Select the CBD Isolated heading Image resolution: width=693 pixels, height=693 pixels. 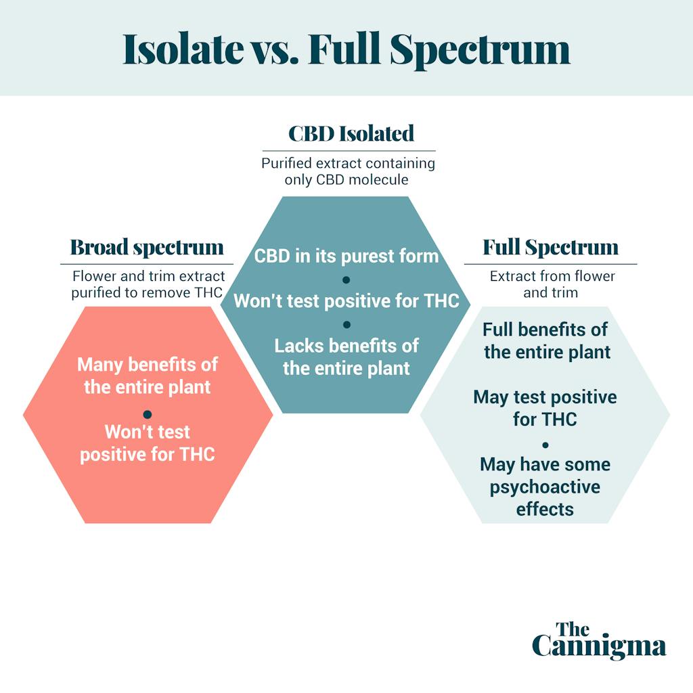point(351,133)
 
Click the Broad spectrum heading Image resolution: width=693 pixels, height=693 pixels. point(147,247)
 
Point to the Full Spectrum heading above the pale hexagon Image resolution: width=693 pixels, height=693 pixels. point(550,247)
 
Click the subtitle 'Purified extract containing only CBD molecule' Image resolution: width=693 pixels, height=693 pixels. point(349,171)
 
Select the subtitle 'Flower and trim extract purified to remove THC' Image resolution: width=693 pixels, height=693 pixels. point(148,284)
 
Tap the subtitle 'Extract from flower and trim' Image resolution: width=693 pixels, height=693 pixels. point(552,284)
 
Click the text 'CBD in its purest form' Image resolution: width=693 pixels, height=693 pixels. point(346,256)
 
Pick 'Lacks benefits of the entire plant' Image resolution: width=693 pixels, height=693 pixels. point(346,357)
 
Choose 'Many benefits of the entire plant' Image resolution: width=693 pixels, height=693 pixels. point(148,376)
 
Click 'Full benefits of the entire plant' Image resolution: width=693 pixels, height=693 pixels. point(546,340)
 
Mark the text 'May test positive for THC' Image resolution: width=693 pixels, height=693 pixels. point(545,407)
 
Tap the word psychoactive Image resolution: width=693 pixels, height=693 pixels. point(545,487)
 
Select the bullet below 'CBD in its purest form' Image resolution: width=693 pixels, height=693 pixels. point(346,280)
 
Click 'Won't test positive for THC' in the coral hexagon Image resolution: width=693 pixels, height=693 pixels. point(148,443)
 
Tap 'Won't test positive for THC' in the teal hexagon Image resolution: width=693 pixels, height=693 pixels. point(346,301)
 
